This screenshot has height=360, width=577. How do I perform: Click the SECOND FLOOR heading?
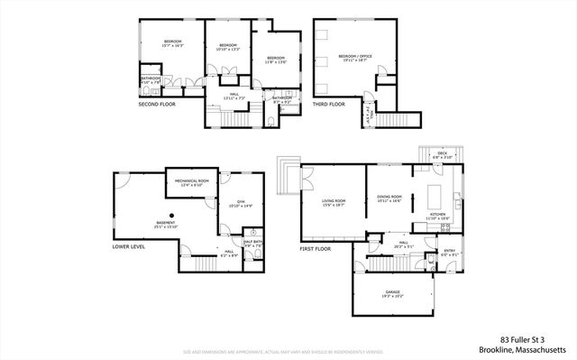[x=157, y=104]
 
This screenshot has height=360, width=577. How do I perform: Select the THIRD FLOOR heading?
[x=329, y=104]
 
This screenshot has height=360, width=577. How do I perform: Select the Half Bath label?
[x=252, y=243]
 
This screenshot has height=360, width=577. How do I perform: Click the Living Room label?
[x=334, y=203]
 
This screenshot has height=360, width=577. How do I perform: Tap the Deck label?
[x=442, y=154]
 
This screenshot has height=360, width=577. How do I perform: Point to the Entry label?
[x=449, y=254]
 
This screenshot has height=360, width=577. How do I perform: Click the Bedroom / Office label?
[x=353, y=58]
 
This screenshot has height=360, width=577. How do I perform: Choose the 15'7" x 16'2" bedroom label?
[x=172, y=42]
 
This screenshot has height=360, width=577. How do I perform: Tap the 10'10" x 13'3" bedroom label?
[x=227, y=47]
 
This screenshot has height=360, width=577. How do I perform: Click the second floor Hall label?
[x=234, y=96]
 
